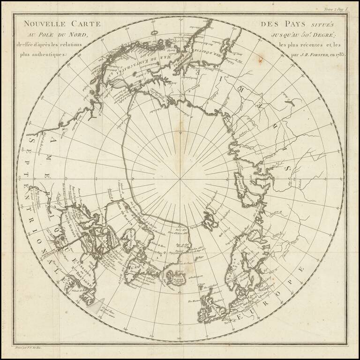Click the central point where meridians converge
(x=180, y=180)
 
